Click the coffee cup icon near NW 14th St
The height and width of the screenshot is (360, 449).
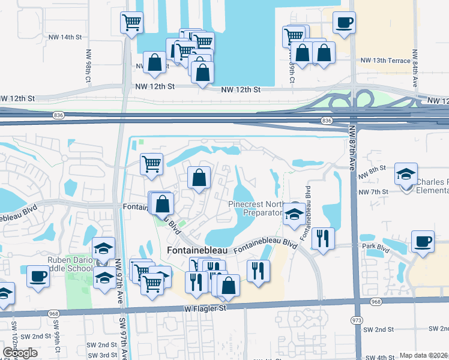(343, 23)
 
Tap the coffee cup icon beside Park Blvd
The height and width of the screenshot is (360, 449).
(423, 242)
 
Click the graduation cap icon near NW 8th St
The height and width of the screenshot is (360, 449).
(406, 175)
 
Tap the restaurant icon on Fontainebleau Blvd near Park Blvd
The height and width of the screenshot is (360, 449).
(324, 238)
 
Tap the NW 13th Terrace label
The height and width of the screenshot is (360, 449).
(385, 61)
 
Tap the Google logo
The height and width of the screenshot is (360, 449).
(20, 353)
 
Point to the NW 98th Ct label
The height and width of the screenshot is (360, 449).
(88, 65)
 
